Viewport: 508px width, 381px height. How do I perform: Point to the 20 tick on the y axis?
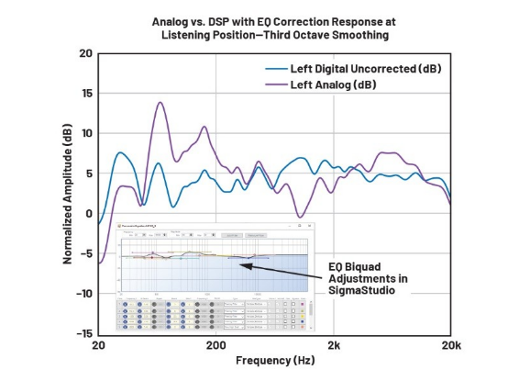pyautogui.click(x=85, y=53)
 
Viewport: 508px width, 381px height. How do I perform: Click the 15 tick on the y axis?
pyautogui.click(x=85, y=94)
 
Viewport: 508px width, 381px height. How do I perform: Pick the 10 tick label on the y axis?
pyautogui.click(x=85, y=134)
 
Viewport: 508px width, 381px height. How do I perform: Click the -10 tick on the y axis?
pyautogui.click(x=83, y=294)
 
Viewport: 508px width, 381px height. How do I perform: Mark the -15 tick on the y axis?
pyautogui.click(x=83, y=334)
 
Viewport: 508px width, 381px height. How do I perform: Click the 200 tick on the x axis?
pyautogui.click(x=215, y=346)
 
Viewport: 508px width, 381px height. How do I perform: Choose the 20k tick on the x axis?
pyautogui.click(x=449, y=346)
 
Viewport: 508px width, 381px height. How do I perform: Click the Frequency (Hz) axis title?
pyautogui.click(x=273, y=362)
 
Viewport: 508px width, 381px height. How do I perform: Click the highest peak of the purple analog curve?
pyautogui.click(x=160, y=103)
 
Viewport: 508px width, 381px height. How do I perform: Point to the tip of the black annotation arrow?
pyautogui.click(x=240, y=264)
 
